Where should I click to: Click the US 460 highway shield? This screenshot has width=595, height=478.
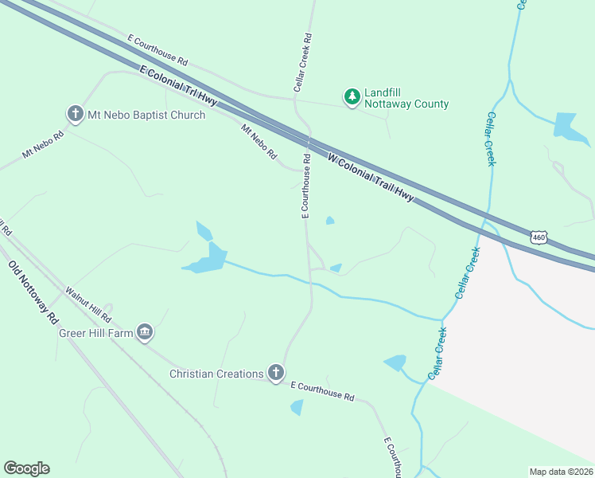pos(539,237)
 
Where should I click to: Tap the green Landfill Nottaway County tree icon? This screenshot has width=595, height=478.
pos(352,97)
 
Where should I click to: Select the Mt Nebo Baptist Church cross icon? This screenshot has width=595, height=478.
pos(76,115)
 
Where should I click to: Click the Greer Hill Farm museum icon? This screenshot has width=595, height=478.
pos(144,332)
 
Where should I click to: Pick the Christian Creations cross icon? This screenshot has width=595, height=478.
pos(275,374)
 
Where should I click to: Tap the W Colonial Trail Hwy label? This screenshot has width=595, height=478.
pos(371,178)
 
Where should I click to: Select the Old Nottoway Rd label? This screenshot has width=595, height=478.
pos(33,292)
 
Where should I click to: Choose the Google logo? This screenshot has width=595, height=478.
pos(26,468)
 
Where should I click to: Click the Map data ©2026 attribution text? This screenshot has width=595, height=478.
pos(561,472)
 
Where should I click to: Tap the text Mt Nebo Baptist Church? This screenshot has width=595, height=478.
pos(145,115)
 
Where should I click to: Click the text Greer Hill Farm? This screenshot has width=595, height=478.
pos(95,332)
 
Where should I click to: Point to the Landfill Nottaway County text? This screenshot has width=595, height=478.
pos(406,98)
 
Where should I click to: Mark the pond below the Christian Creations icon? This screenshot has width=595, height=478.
pos(297,407)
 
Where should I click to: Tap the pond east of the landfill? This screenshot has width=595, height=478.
pos(566,126)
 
